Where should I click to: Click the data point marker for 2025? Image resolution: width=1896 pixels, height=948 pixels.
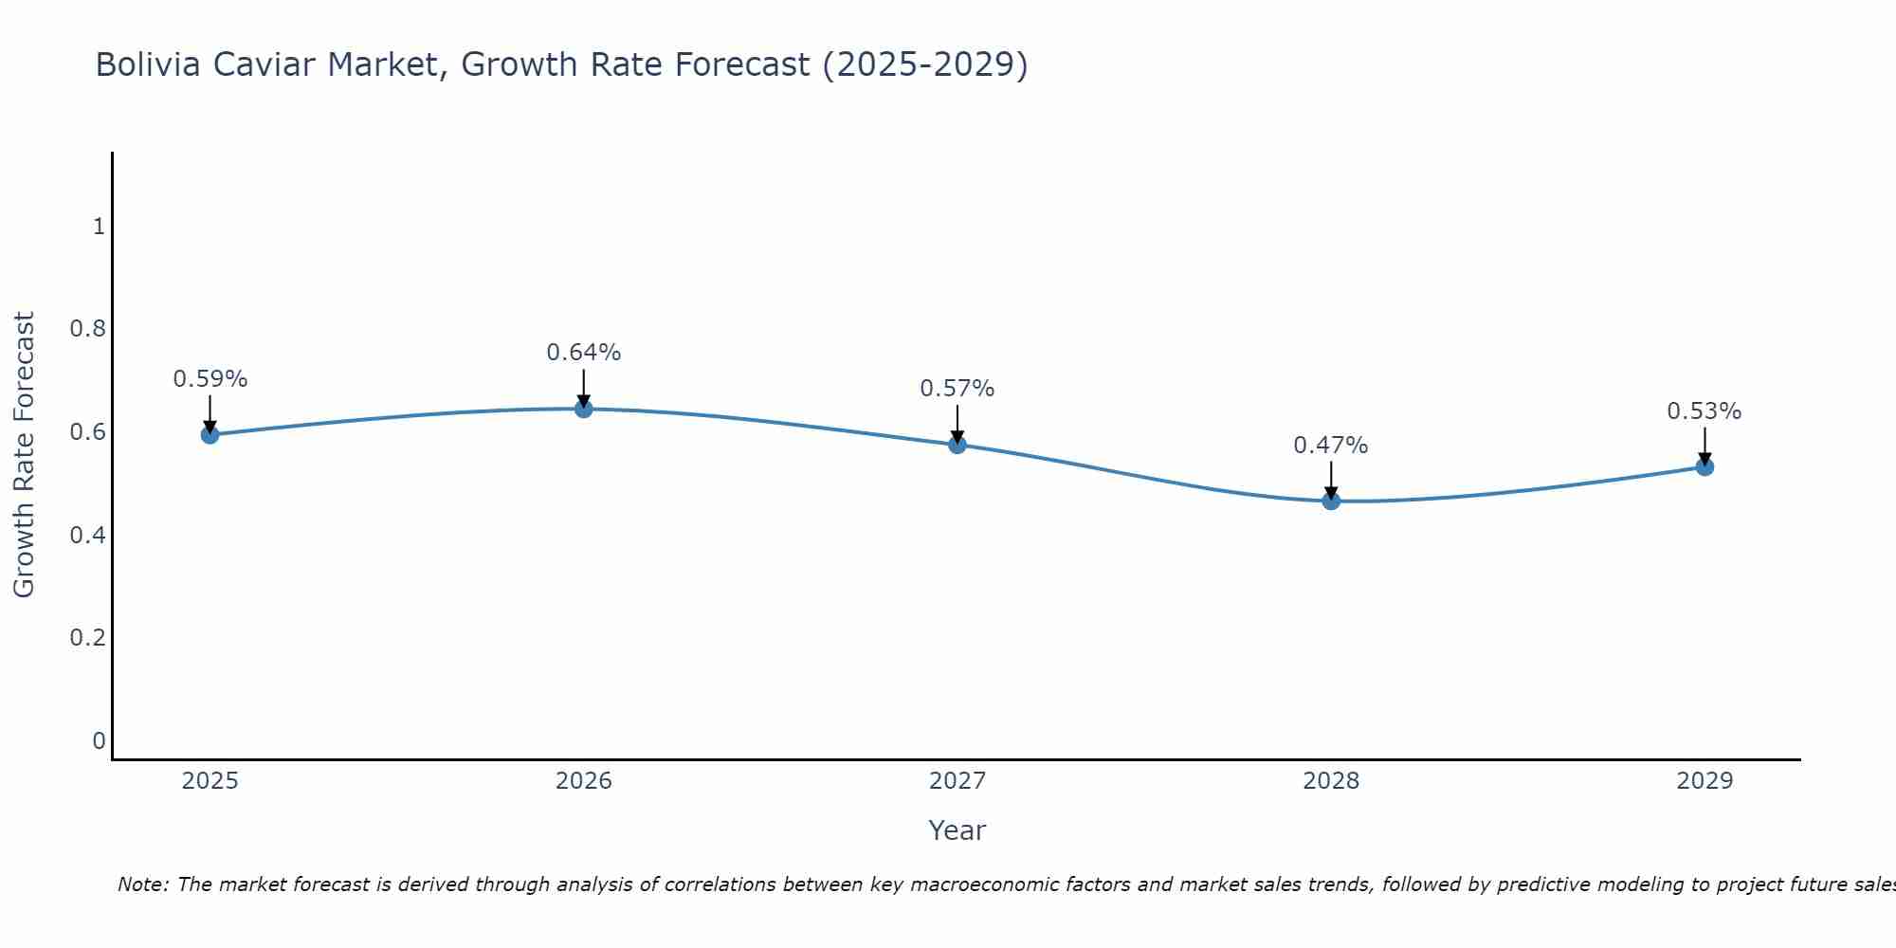[x=210, y=435]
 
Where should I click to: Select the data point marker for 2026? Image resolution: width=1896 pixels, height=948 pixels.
[x=584, y=409]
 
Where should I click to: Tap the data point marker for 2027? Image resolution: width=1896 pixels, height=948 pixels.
[x=957, y=445]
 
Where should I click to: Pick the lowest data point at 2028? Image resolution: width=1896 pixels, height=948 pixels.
[x=1331, y=501]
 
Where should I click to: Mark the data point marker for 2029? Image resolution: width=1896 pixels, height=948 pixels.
[x=1705, y=466]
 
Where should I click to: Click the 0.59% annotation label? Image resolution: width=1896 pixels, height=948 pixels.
[x=210, y=379]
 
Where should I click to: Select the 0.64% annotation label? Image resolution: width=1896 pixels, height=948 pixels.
[x=584, y=353]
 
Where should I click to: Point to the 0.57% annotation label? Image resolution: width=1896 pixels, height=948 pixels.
[x=957, y=389]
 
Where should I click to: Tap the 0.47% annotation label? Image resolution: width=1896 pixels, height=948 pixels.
[x=1331, y=446]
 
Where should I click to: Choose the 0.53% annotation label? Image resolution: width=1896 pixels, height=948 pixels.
[x=1705, y=411]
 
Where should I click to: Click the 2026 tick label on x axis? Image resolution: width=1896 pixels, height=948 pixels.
[x=584, y=781]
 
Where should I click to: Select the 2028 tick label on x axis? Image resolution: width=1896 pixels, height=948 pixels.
[x=1331, y=781]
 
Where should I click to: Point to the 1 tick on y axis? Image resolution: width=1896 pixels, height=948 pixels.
[x=99, y=227]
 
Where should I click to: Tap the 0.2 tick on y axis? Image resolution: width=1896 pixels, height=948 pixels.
[x=88, y=638]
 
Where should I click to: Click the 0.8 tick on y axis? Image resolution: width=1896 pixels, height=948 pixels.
[x=88, y=329]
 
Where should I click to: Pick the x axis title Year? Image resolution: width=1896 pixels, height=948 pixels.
[x=957, y=830]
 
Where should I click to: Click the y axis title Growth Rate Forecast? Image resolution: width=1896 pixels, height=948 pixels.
[x=24, y=455]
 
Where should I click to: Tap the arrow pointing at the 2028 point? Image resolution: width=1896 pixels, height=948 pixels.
[x=1331, y=480]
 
